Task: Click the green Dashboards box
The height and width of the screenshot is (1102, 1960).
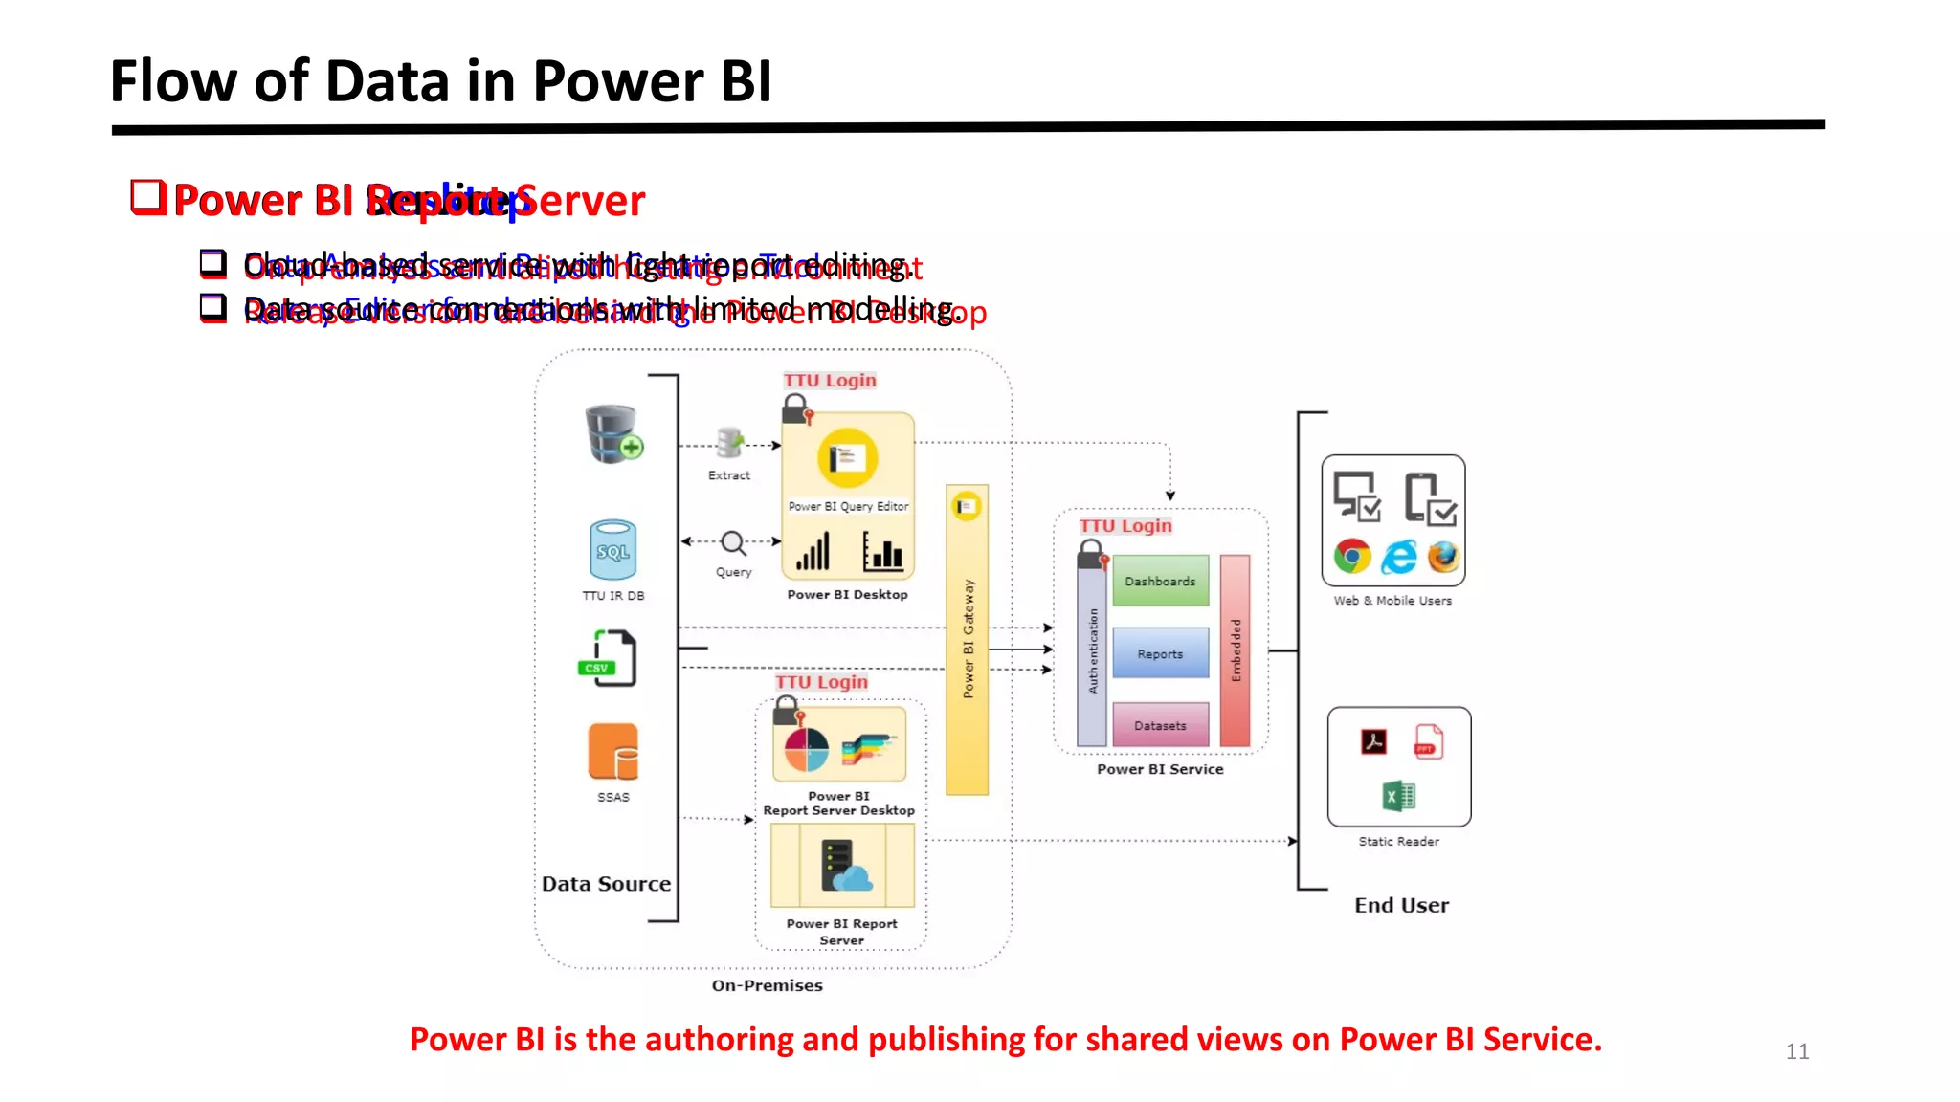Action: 1160,581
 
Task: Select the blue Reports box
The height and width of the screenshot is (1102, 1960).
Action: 1160,653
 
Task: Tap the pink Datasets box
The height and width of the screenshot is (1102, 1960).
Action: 1160,725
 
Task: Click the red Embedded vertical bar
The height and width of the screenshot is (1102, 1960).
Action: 1236,650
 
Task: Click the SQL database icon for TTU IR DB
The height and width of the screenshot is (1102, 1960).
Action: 613,550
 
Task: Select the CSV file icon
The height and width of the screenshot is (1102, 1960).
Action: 609,658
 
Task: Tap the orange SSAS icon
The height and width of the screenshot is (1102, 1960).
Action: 613,752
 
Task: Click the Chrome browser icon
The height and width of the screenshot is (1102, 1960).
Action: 1352,556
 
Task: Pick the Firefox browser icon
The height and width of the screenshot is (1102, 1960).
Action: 1443,556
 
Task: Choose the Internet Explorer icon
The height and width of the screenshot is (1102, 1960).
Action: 1399,556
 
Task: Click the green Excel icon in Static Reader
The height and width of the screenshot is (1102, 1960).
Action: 1398,795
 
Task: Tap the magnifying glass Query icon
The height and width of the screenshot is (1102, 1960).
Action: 733,543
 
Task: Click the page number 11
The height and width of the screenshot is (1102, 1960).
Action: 1796,1051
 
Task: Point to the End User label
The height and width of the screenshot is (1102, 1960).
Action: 1401,905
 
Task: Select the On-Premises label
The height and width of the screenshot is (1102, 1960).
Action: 767,985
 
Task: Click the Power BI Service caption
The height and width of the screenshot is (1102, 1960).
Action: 1160,769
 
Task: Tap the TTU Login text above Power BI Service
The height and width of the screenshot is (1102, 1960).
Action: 1125,526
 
